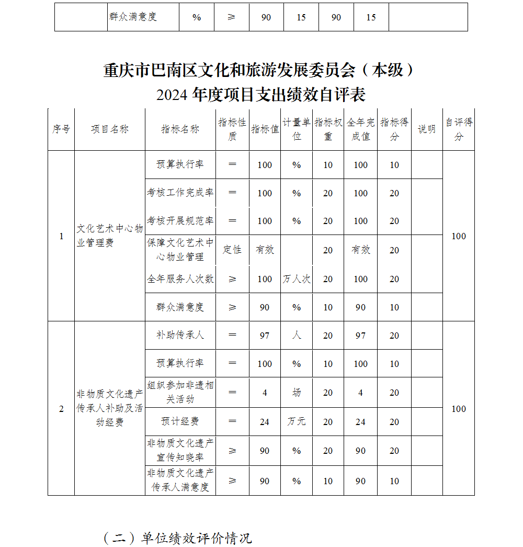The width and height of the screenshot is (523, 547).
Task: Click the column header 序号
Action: tap(61, 129)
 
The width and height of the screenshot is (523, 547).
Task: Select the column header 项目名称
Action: tap(110, 129)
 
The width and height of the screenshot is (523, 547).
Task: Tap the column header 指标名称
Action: tap(180, 129)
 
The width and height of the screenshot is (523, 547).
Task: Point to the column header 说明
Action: tap(427, 129)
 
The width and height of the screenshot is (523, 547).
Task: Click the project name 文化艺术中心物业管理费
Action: tap(110, 236)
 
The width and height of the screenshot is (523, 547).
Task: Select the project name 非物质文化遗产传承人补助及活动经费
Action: tap(110, 408)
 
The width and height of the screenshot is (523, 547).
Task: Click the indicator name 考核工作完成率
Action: tap(180, 193)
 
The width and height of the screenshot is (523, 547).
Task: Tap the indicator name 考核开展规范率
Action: tap(180, 221)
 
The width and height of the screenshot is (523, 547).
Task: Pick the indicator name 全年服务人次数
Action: tap(180, 279)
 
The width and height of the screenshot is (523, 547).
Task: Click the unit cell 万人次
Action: tap(297, 279)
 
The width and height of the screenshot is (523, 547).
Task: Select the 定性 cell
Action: tap(232, 250)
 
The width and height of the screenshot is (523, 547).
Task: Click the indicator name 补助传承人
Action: tap(180, 335)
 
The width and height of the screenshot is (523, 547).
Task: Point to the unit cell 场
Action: tap(297, 393)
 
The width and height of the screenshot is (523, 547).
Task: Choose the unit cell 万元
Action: tap(297, 421)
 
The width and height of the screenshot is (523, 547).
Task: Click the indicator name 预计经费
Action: tap(180, 421)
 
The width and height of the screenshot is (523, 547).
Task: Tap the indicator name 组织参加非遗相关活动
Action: tap(180, 392)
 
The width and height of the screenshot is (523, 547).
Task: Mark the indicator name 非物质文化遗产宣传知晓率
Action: tap(180, 450)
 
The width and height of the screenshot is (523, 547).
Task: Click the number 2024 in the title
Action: tap(172, 95)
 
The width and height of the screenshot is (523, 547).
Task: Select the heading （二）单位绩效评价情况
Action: tap(177, 538)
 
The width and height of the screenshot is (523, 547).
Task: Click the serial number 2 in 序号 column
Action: tap(61, 409)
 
